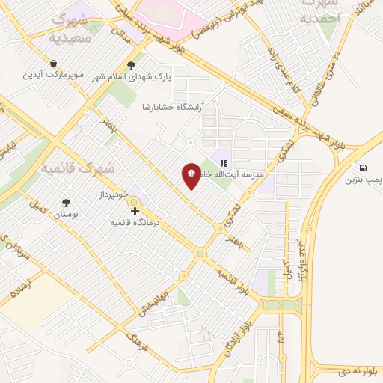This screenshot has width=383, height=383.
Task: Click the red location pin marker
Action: coord(191,176)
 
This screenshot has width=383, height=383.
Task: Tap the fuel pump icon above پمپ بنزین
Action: coord(363,167)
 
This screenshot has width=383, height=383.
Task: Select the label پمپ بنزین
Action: coord(362,180)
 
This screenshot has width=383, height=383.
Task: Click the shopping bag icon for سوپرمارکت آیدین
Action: coord(53,63)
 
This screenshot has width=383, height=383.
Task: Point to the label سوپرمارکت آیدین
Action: coord(53,75)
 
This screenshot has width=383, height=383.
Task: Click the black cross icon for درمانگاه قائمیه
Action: coord(135,212)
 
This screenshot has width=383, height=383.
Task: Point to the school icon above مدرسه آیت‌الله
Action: coord(223,162)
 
